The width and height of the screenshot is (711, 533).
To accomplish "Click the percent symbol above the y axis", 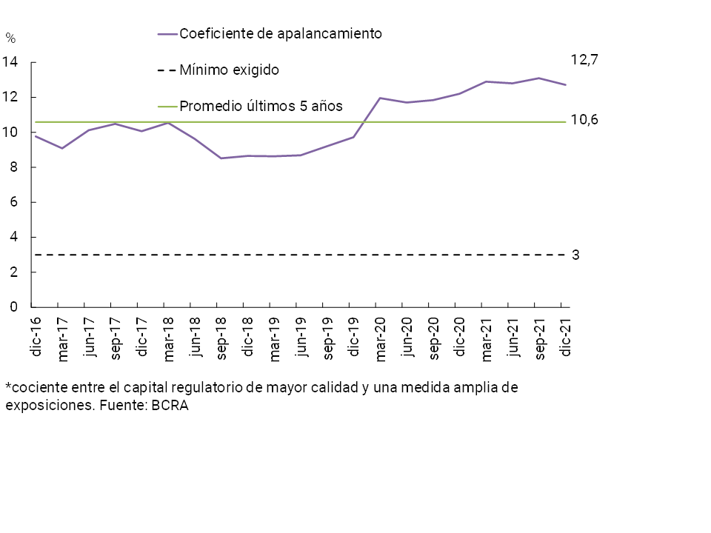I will tap(10, 38).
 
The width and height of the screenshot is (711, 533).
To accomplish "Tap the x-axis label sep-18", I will tap(221, 337).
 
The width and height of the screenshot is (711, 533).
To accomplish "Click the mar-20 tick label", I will tap(380, 338).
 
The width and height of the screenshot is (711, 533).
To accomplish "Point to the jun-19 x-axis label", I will tap(301, 336).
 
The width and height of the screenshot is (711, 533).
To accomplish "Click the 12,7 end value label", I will tap(584, 61).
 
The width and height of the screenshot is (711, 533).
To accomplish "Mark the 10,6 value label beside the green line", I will tap(584, 120).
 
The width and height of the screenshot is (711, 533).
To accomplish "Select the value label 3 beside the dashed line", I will tap(575, 255).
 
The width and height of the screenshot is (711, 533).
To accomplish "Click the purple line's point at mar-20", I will tap(380, 98).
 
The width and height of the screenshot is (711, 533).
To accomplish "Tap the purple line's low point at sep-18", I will tap(221, 158).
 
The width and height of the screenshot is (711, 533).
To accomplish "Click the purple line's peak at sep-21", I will tap(539, 78).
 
